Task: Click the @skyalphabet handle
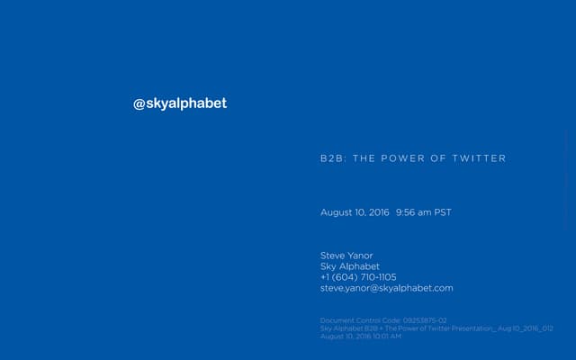click(180, 103)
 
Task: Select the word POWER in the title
click(401, 158)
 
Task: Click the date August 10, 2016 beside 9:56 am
click(355, 212)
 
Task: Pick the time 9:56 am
click(413, 212)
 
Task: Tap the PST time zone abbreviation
click(443, 212)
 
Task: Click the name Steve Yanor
click(346, 256)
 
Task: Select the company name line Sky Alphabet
click(350, 266)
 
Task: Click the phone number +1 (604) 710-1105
click(358, 277)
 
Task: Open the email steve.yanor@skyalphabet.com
click(387, 288)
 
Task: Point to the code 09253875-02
click(425, 320)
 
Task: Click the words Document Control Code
click(361, 320)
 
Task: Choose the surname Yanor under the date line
click(360, 256)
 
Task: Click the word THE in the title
click(363, 158)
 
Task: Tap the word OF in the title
click(438, 158)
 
